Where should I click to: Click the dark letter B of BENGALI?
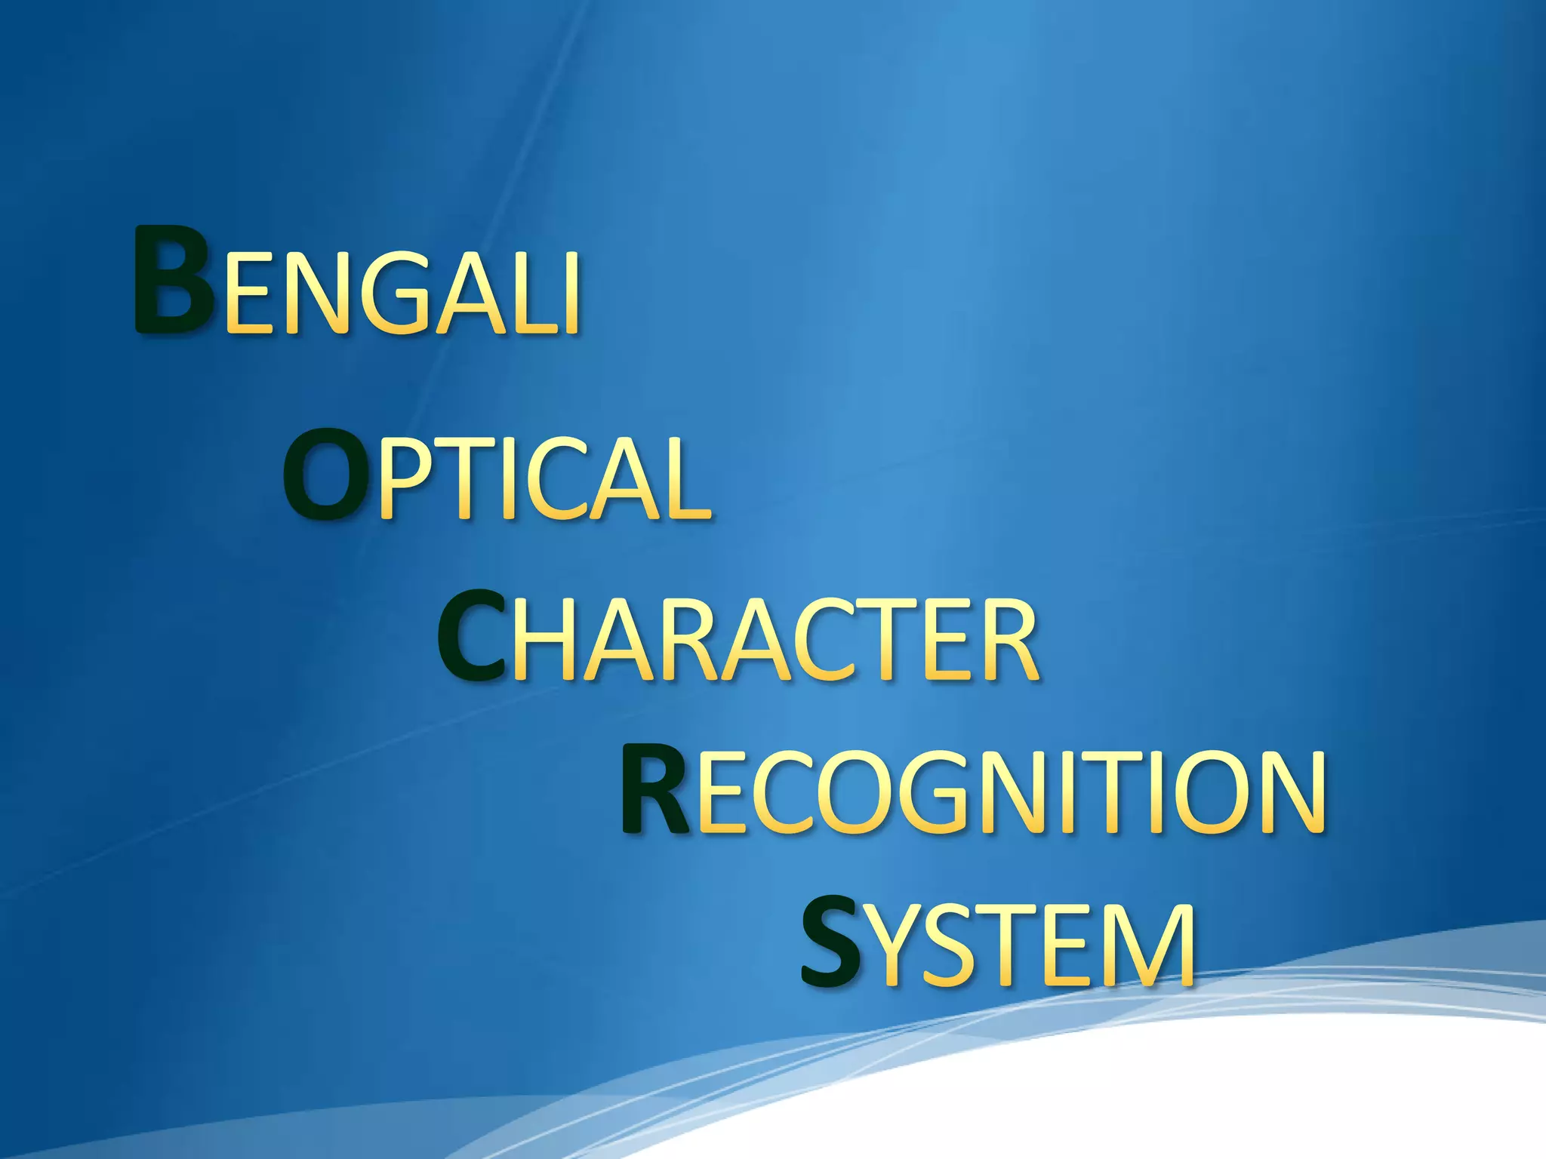pyautogui.click(x=173, y=281)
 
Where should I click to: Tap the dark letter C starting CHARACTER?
pyautogui.click(x=472, y=638)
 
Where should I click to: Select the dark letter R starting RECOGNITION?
pyautogui.click(x=654, y=791)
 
